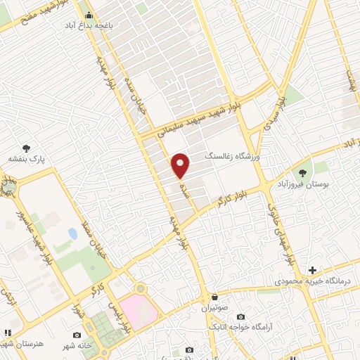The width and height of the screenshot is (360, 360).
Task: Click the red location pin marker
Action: tap(181, 165)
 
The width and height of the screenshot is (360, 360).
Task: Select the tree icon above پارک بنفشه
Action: tap(27, 148)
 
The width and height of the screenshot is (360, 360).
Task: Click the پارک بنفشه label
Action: tap(27, 160)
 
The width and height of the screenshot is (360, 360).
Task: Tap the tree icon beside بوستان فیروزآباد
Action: tap(303, 172)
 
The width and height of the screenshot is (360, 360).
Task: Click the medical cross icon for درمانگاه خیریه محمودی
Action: tap(313, 270)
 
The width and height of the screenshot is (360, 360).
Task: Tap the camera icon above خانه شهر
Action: tap(77, 335)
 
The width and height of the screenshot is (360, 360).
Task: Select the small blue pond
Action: tap(72, 233)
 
